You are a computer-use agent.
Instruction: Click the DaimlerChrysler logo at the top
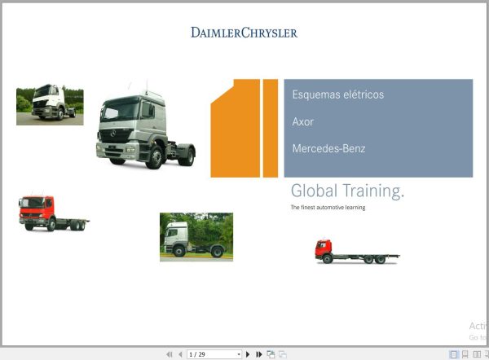point(244,33)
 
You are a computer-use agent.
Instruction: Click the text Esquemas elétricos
point(337,94)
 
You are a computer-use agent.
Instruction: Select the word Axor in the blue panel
point(302,121)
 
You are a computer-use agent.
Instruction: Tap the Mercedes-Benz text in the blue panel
point(328,149)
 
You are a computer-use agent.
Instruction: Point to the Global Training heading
point(347,191)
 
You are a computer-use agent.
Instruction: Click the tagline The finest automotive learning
point(328,208)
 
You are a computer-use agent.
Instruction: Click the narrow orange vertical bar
point(271,128)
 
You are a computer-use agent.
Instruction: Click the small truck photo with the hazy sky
point(50,105)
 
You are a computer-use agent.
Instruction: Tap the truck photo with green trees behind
point(196,236)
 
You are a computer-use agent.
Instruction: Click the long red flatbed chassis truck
point(356,252)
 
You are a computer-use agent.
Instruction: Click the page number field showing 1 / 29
point(211,354)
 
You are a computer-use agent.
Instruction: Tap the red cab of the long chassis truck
point(324,248)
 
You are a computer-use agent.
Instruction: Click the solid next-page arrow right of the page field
point(248,354)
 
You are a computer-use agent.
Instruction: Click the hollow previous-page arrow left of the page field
point(180,354)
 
